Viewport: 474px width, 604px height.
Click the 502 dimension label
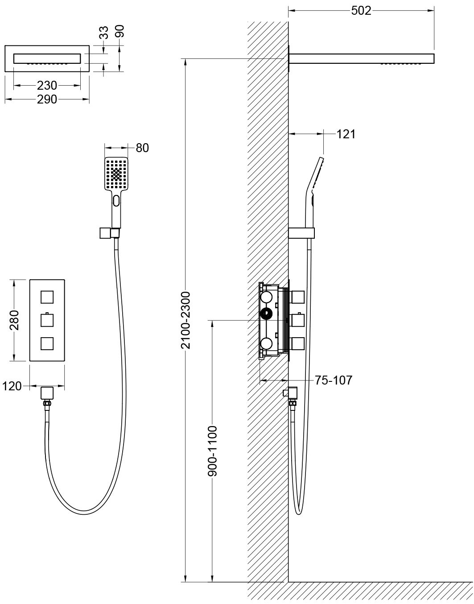point(361,11)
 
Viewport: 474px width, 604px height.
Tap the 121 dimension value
point(346,134)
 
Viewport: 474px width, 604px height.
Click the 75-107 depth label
point(334,380)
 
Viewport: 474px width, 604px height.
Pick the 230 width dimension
point(47,85)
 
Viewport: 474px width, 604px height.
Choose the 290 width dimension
point(47,99)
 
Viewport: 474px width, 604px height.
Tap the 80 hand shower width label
point(142,148)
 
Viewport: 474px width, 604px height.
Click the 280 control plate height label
point(14,320)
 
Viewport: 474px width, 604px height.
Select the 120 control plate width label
point(12,386)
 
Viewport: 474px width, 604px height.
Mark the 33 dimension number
point(103,33)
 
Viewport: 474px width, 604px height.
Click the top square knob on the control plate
point(47,297)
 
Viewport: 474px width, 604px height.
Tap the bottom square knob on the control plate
point(47,343)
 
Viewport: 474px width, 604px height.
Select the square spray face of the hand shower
point(116,174)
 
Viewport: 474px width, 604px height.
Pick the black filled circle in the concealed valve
point(266,314)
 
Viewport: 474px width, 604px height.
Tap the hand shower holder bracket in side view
point(301,233)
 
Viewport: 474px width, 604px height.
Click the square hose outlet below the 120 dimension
point(47,393)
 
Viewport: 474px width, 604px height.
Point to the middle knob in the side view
point(298,320)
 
